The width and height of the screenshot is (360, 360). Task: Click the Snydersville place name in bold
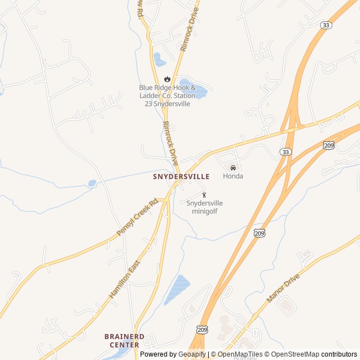181,177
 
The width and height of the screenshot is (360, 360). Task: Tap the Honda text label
233,176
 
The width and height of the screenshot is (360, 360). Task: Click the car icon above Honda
233,168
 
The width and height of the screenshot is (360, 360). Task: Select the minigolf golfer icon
204,195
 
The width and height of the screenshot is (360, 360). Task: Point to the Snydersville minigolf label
204,207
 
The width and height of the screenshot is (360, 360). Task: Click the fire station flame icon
167,79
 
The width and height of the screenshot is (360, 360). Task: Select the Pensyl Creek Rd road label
137,217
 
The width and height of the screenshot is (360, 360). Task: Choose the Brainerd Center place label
124,340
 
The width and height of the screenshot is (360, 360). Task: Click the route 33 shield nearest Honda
286,152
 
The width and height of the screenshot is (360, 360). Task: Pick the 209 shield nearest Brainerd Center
202,328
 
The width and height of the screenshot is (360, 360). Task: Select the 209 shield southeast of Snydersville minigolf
259,232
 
